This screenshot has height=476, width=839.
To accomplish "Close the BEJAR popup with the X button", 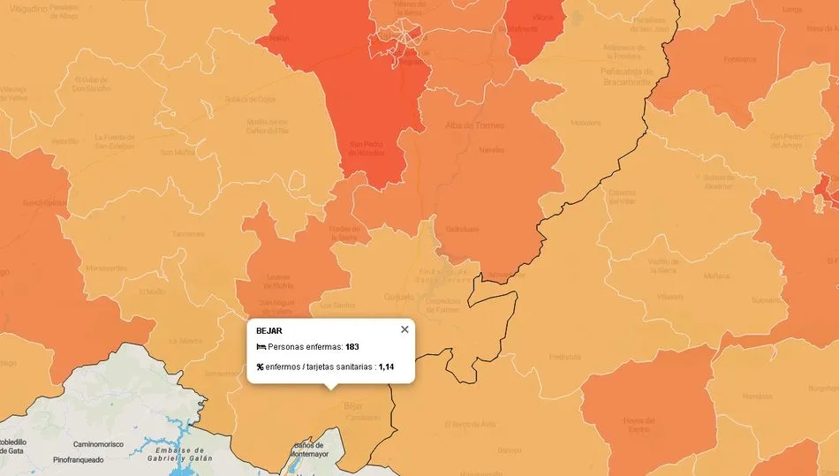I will (404, 329).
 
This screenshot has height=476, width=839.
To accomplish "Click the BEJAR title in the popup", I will (268, 330).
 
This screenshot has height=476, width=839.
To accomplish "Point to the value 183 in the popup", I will (351, 347).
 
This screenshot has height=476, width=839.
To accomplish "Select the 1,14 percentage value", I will (386, 366).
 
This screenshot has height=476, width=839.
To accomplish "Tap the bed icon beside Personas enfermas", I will (261, 347).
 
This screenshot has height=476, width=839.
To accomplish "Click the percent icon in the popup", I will (261, 366).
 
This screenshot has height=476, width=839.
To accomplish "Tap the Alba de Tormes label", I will (475, 125).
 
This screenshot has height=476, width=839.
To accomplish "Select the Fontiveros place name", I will (739, 60).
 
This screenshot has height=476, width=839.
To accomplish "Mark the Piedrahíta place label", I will (565, 358).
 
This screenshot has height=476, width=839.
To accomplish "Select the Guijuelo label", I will (400, 297).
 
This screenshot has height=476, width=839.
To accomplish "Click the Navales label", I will (491, 151).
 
